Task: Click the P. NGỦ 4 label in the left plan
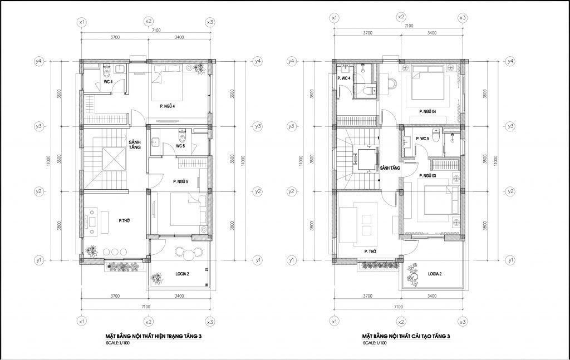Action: (x=168, y=106)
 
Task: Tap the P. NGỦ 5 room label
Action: (x=180, y=181)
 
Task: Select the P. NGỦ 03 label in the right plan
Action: (x=427, y=176)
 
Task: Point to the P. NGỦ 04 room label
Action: (x=427, y=112)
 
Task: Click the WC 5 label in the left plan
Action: (x=181, y=146)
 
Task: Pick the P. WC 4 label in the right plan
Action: (x=344, y=78)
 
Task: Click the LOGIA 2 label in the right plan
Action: (x=435, y=274)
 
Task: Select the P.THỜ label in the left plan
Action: (x=124, y=220)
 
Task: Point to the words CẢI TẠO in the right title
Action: (x=424, y=337)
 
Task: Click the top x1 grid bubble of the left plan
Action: (x=82, y=22)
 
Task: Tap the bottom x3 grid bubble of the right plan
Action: (x=463, y=322)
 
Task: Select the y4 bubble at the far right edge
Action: (x=511, y=61)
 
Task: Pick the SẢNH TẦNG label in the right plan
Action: (x=390, y=168)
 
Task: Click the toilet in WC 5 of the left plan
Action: (x=182, y=135)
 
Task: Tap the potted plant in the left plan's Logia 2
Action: (x=157, y=279)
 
